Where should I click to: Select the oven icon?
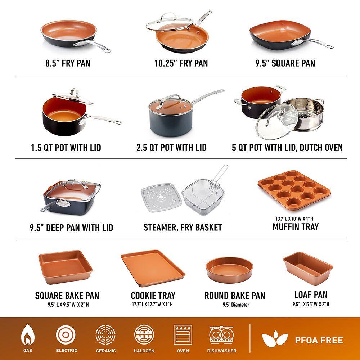tap(183, 335)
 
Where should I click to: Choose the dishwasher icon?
tap(221, 335)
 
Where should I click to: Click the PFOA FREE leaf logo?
tap(275, 339)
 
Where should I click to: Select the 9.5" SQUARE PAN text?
tap(285, 63)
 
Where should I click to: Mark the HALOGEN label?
tap(144, 351)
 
